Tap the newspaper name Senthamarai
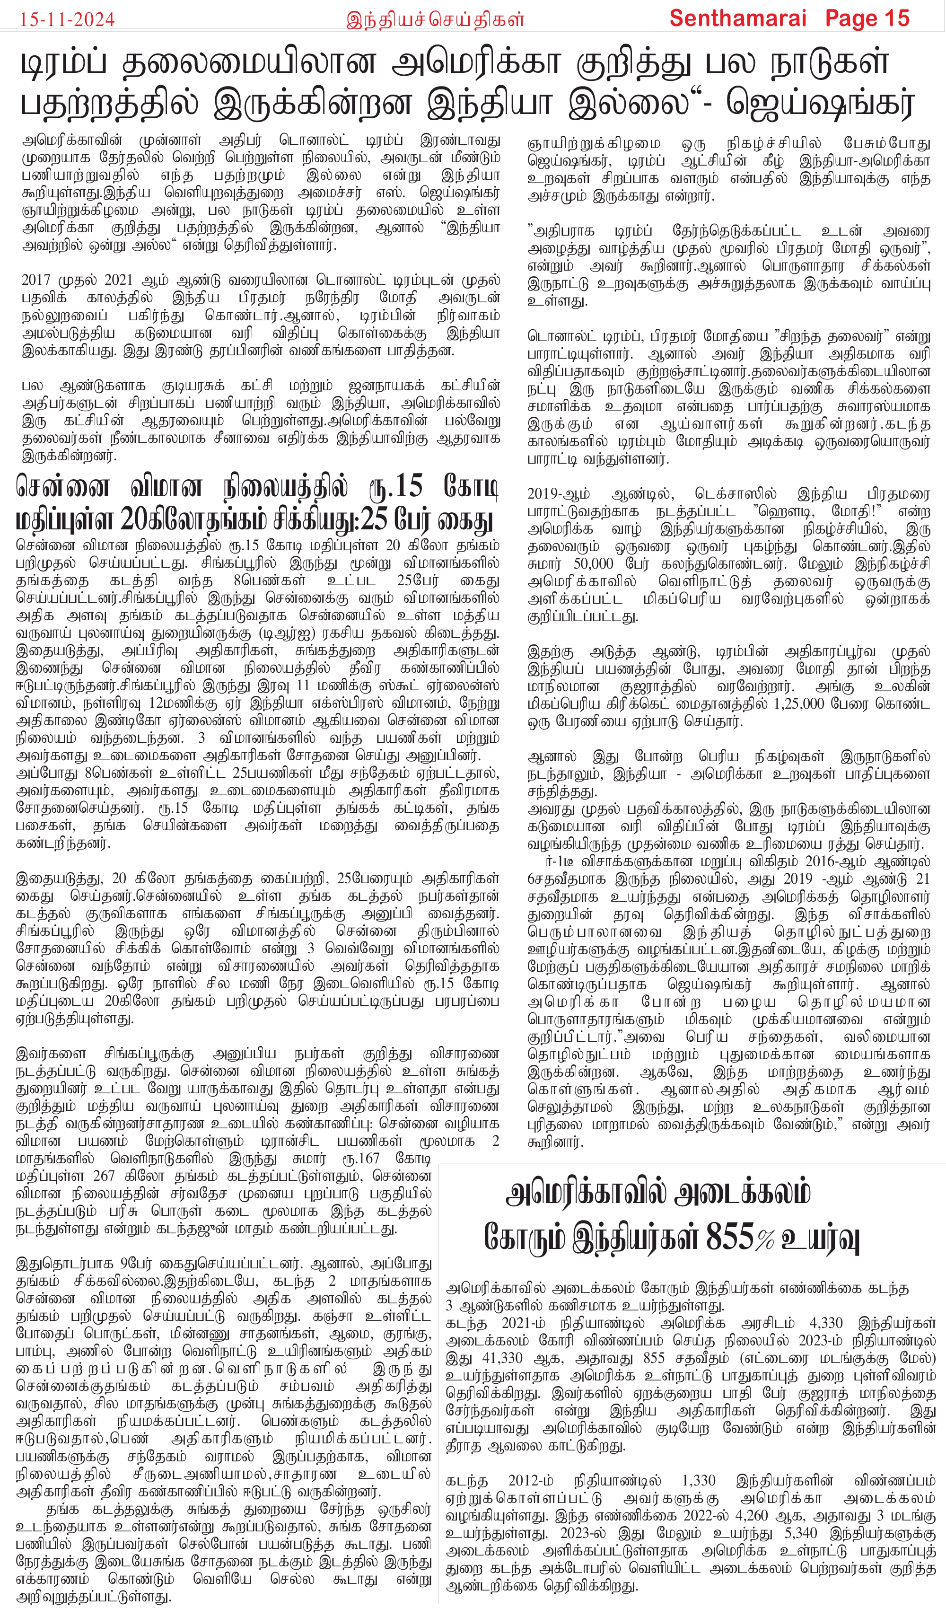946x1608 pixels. tap(738, 18)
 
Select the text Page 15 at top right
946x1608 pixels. tap(867, 18)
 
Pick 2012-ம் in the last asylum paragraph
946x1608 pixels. tap(531, 1480)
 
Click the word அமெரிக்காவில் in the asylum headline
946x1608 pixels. tap(584, 1193)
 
